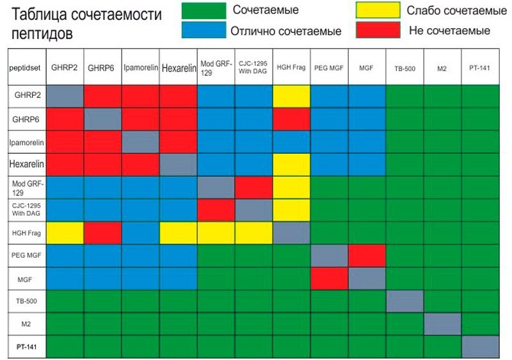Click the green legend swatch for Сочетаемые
204,10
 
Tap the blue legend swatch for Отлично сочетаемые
204,29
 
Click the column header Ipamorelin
141,67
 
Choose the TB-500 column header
405,67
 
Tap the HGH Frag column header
292,67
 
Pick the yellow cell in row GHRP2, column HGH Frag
292,96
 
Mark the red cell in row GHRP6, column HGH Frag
292,119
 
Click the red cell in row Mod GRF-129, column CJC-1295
254,187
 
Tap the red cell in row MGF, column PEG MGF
330,278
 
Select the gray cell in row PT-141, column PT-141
481,346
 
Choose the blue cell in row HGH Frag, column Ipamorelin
141,233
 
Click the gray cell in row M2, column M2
443,323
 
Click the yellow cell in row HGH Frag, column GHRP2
65,233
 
